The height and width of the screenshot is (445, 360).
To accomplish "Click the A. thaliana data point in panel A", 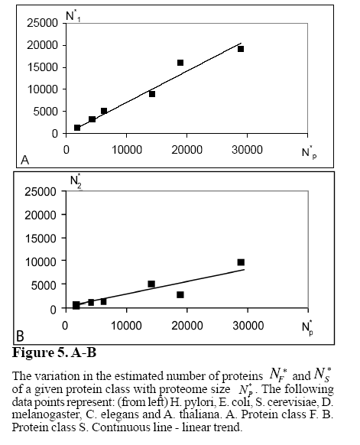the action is point(241,49).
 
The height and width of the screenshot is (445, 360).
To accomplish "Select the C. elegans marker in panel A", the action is point(180,63).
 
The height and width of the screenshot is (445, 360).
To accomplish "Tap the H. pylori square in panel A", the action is point(77,128).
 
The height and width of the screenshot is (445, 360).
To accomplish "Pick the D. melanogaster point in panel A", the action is point(152,94).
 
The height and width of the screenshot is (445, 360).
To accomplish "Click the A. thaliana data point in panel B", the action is point(241,262).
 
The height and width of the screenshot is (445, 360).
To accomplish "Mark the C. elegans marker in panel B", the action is point(180,295).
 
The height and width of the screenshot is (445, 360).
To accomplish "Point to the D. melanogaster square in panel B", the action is point(151,284).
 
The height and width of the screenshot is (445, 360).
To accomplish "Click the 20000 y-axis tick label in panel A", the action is point(43,45).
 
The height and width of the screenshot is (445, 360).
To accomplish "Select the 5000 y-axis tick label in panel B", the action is point(44,285).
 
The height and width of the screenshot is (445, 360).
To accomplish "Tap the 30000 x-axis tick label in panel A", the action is point(247,150).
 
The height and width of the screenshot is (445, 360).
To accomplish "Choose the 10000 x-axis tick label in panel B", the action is point(126,326).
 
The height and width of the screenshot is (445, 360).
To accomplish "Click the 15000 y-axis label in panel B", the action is point(41,239).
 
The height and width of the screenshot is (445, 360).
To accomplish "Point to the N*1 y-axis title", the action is point(73,17).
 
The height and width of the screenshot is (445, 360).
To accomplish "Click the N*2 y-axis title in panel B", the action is point(76,180).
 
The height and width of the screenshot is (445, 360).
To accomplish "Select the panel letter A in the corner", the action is point(25,161).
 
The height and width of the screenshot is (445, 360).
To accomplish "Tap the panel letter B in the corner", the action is point(20,336).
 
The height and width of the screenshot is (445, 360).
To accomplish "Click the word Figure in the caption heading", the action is point(33,353).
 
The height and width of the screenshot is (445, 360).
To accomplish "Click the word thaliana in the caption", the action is point(200,414).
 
